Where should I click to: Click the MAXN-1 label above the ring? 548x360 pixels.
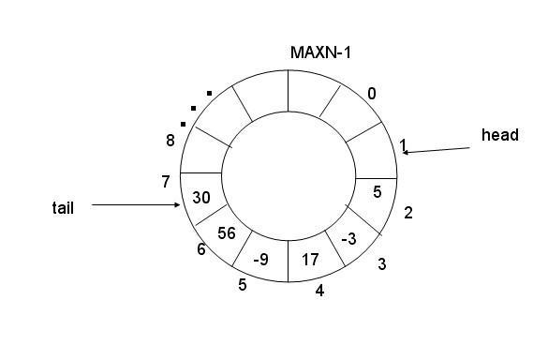[x=320, y=52]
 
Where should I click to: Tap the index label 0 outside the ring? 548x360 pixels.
[x=372, y=94]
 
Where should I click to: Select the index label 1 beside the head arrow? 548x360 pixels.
[x=403, y=145]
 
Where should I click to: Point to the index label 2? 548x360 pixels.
[x=408, y=213]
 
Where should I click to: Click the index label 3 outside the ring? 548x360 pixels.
[x=382, y=264]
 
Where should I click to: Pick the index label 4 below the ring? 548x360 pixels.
[x=319, y=291]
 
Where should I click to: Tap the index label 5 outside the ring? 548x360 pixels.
[x=243, y=285]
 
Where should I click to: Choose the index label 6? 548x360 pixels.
[x=201, y=249]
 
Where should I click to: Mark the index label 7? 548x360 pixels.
[x=166, y=182]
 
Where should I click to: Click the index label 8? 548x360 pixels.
[x=170, y=141]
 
